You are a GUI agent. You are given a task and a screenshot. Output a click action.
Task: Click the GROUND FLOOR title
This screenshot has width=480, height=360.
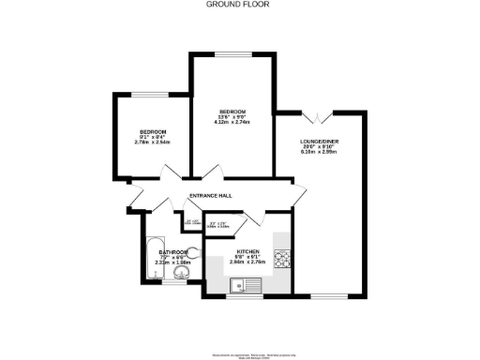point(239,4)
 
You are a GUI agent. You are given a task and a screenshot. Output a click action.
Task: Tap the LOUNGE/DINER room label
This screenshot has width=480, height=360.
point(319,141)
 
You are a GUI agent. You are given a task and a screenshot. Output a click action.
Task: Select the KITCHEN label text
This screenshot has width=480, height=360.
point(247,252)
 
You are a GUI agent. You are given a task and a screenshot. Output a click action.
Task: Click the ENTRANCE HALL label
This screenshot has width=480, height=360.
point(211,196)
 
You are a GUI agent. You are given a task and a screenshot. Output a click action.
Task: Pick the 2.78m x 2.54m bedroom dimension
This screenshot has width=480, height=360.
point(151,142)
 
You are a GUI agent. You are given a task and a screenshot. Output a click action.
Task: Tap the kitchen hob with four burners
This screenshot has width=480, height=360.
point(282,256)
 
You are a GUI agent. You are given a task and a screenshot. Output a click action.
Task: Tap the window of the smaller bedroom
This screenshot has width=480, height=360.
point(148,94)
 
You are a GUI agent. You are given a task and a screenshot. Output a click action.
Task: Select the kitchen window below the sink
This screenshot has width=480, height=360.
point(239,297)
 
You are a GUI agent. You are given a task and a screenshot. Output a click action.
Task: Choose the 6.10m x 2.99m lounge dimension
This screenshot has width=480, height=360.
point(319,152)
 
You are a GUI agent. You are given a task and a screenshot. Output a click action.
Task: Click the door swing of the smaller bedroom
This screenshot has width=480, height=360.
point(170,174)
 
